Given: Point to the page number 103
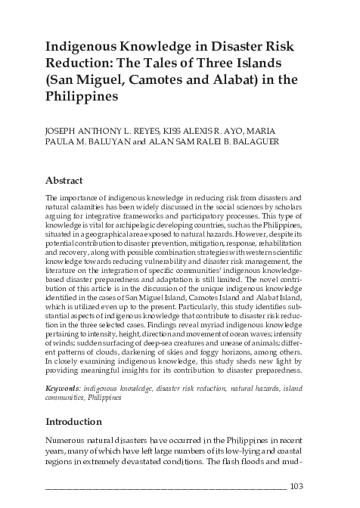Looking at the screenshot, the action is coord(298,486).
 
